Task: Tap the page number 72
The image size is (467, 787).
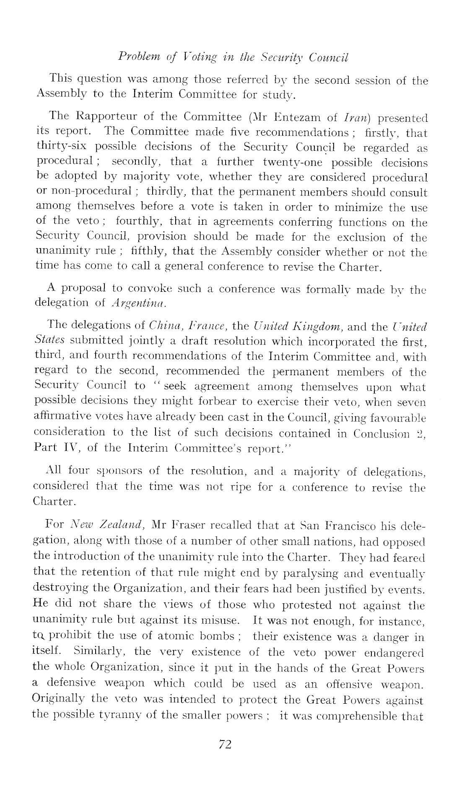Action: [x=225, y=744]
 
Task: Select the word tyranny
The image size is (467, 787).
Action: [x=113, y=715]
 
